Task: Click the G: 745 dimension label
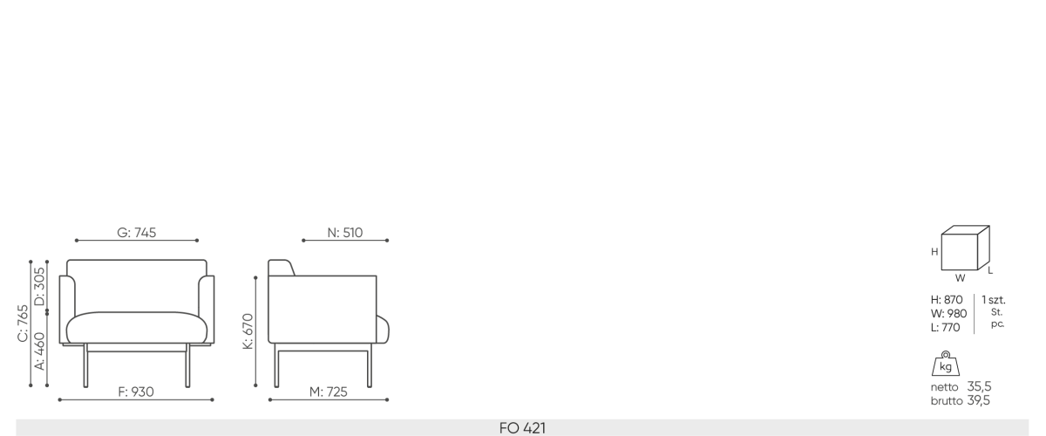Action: [x=136, y=232]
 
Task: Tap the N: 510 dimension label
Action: [x=345, y=232]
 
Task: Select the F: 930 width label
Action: [x=136, y=392]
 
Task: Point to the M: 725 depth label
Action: [x=329, y=392]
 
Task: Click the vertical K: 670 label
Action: [x=248, y=331]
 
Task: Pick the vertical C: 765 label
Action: [x=23, y=324]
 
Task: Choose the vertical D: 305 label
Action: [x=40, y=286]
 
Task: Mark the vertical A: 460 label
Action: [x=40, y=351]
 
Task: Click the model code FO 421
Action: [x=522, y=428]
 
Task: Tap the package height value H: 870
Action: [x=947, y=300]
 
